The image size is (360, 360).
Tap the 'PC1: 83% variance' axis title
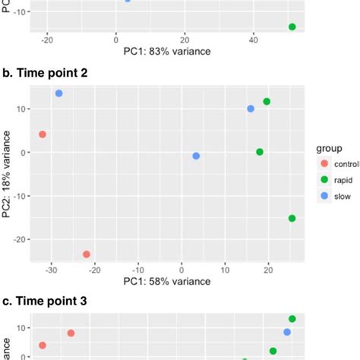167,52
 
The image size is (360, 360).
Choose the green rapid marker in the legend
326,179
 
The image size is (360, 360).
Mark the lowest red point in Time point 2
87,254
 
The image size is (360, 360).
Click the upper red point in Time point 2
43,134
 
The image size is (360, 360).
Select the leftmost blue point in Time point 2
59,93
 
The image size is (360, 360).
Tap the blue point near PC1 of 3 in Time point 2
196,156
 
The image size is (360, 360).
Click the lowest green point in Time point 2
292,218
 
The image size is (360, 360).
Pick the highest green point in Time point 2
267,102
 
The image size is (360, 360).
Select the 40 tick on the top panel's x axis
254,39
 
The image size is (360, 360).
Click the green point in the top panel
292,27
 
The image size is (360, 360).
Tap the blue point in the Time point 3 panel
287,332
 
